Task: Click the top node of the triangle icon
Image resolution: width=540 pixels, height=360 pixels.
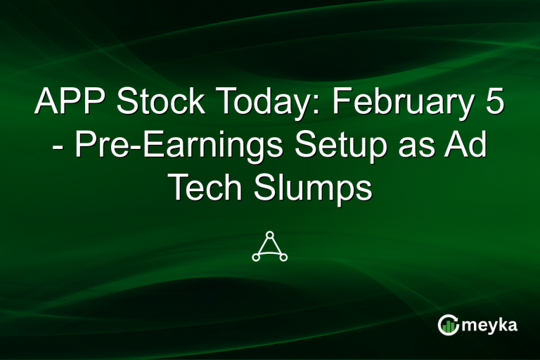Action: (270, 233)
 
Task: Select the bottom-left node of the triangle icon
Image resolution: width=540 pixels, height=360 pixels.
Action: (256, 257)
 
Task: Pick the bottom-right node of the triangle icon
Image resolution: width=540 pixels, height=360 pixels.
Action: (284, 257)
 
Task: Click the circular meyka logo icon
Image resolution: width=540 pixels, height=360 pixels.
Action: (447, 324)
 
